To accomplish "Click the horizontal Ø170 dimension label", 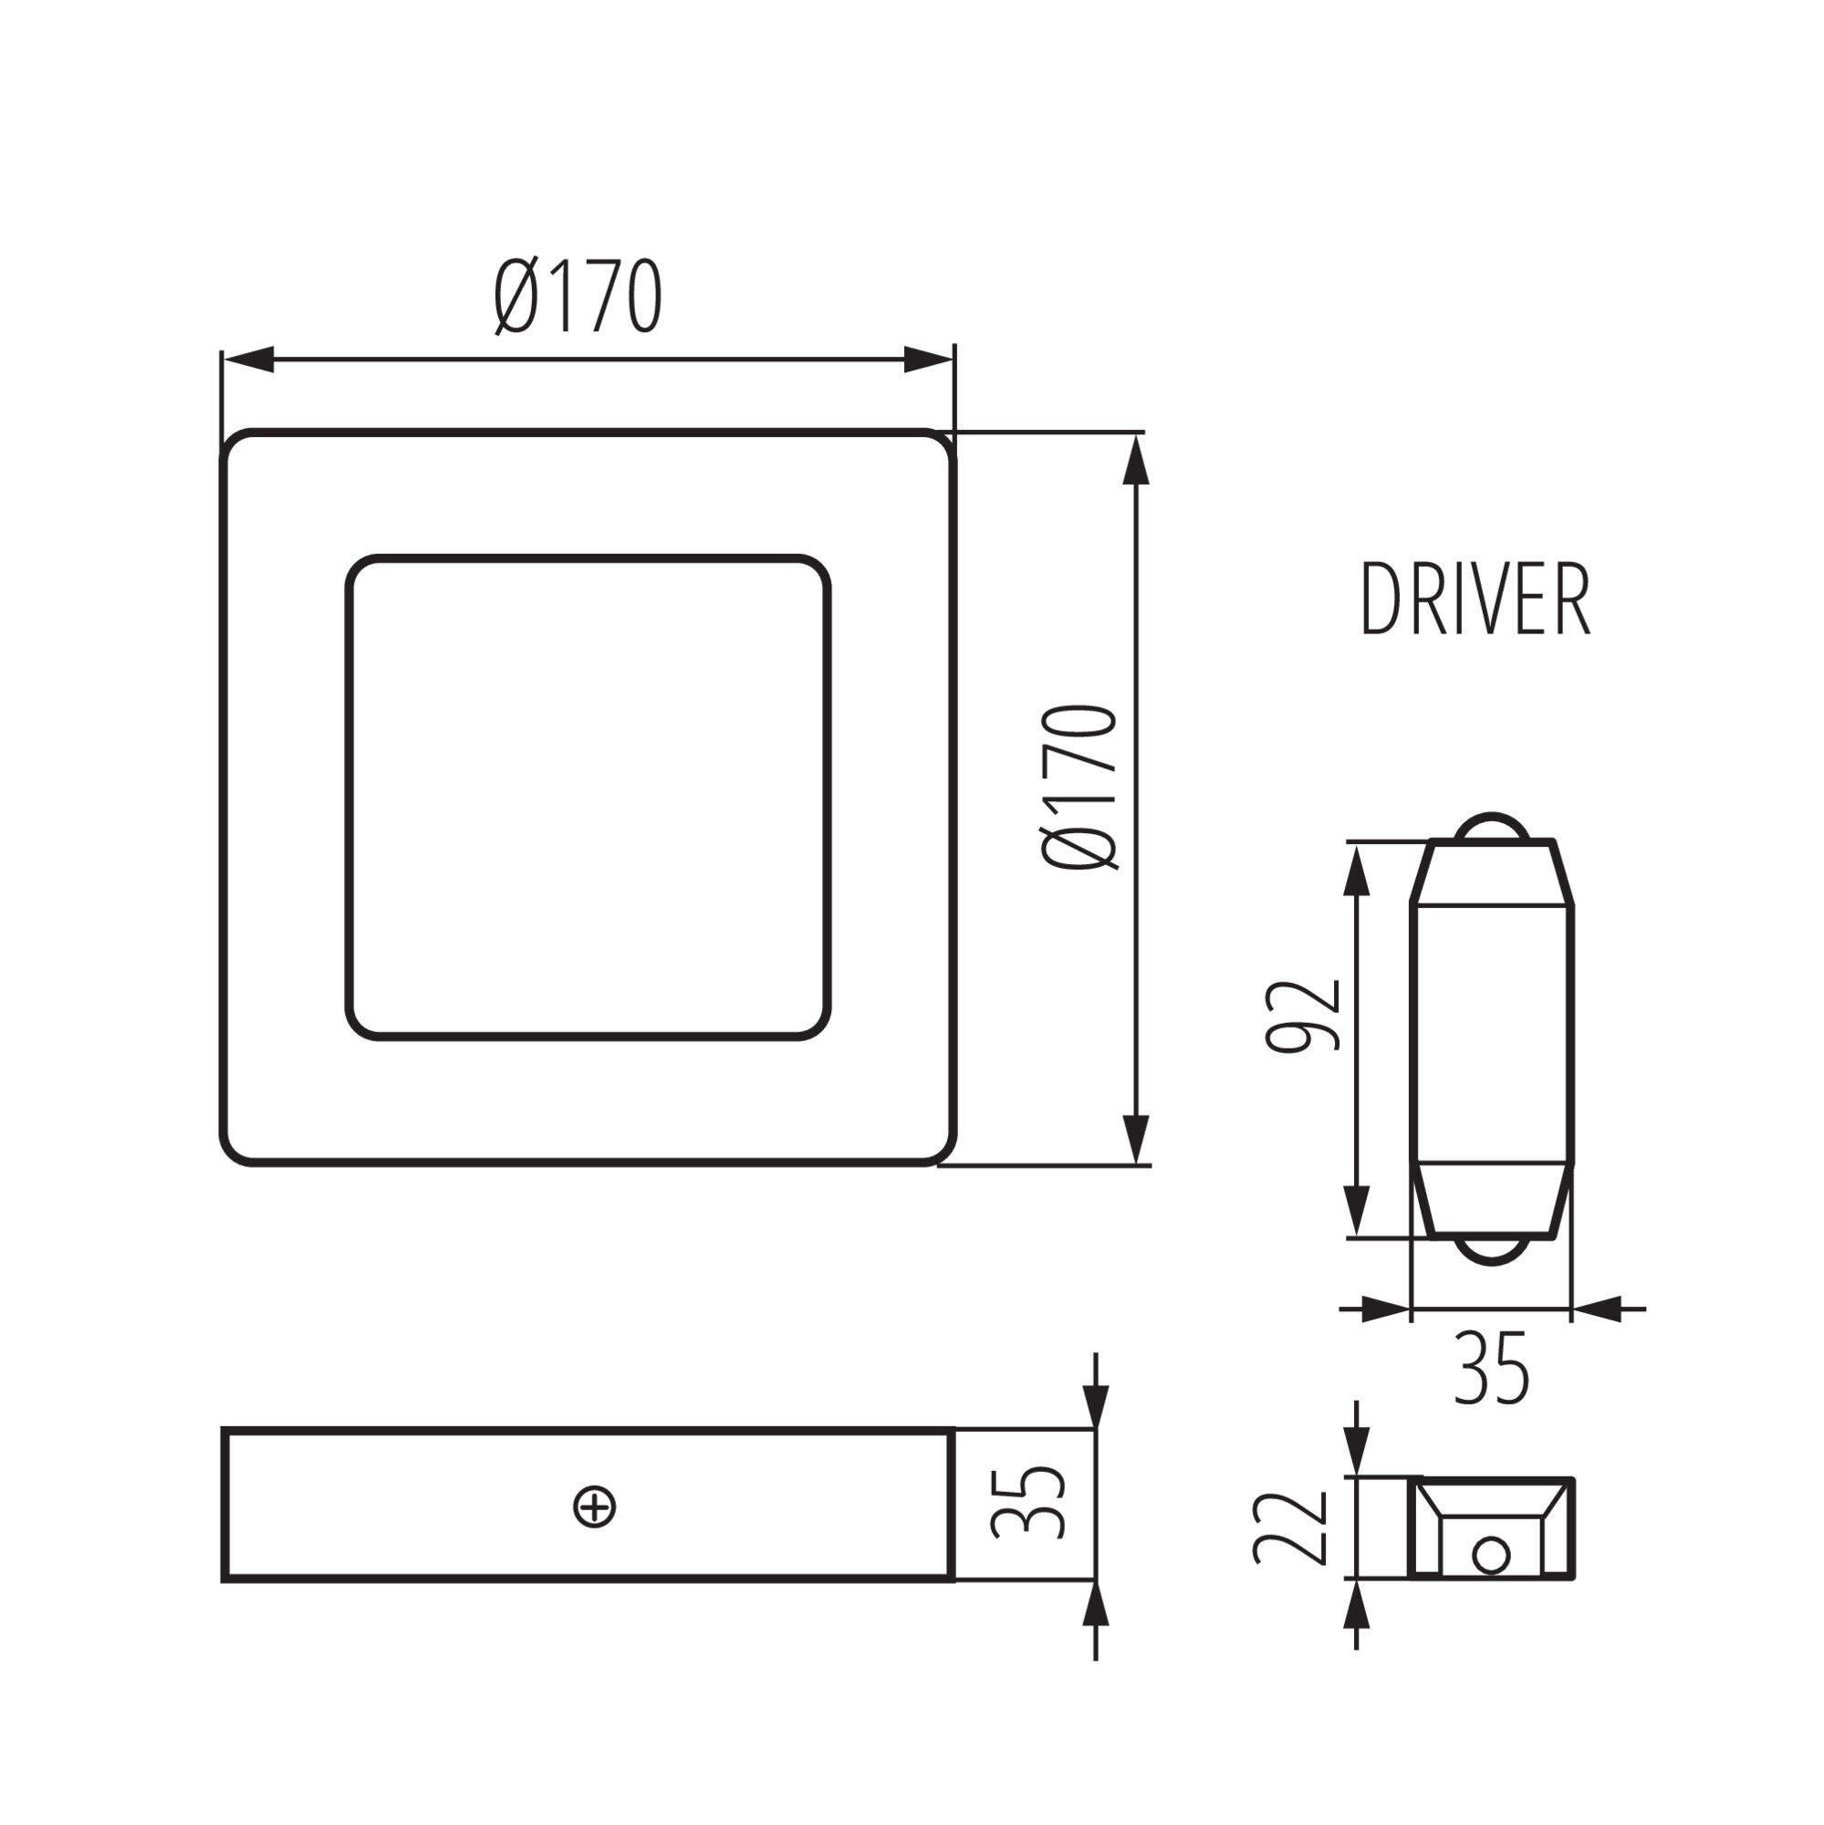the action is (578, 296).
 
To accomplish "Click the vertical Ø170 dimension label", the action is (1079, 786).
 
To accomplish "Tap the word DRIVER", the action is (1475, 599).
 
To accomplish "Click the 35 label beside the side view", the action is (1029, 1502).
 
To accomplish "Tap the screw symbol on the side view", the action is (595, 1507).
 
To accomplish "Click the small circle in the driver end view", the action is (1491, 1555).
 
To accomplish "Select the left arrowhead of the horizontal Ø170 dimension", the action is (247, 359).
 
